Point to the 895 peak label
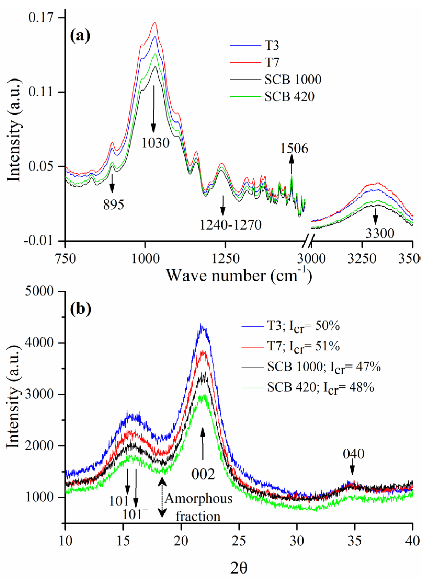pyautogui.click(x=113, y=205)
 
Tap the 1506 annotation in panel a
pyautogui.click(x=294, y=149)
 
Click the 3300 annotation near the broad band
pyautogui.click(x=380, y=233)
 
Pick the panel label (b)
pyautogui.click(x=81, y=309)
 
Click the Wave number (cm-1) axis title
pyautogui.click(x=239, y=276)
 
